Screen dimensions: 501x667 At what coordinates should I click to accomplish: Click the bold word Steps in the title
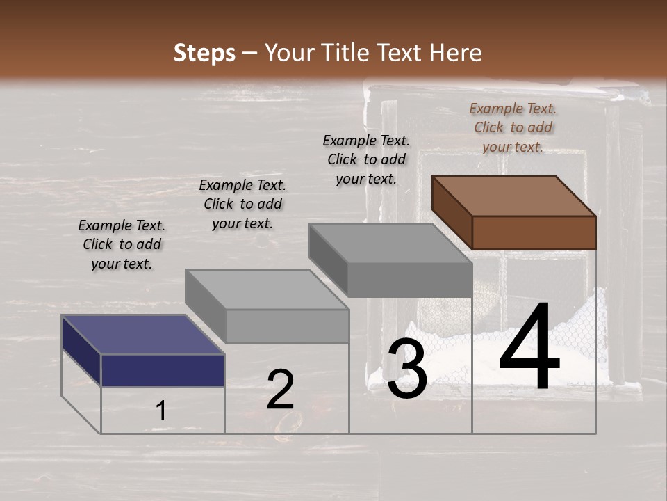tap(204, 53)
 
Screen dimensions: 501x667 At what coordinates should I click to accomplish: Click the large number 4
tap(529, 348)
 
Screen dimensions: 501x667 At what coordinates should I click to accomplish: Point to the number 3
tap(406, 371)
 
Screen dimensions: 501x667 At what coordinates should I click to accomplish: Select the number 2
tap(280, 390)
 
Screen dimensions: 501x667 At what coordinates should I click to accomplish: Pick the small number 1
tap(161, 411)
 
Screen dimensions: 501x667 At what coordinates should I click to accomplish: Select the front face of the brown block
tap(534, 232)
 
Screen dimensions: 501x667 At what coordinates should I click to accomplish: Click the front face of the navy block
tap(163, 370)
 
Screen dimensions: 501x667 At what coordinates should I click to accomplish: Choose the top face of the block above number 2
tap(267, 289)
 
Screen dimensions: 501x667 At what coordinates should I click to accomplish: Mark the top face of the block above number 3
tap(390, 243)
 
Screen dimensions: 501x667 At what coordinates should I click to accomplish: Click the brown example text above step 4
tap(513, 127)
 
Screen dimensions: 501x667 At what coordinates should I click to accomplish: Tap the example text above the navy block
tap(122, 244)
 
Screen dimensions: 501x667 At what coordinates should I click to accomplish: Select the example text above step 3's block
tap(366, 159)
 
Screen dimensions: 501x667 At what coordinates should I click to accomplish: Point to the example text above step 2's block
tap(242, 204)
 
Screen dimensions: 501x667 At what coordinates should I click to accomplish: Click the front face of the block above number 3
tap(409, 280)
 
